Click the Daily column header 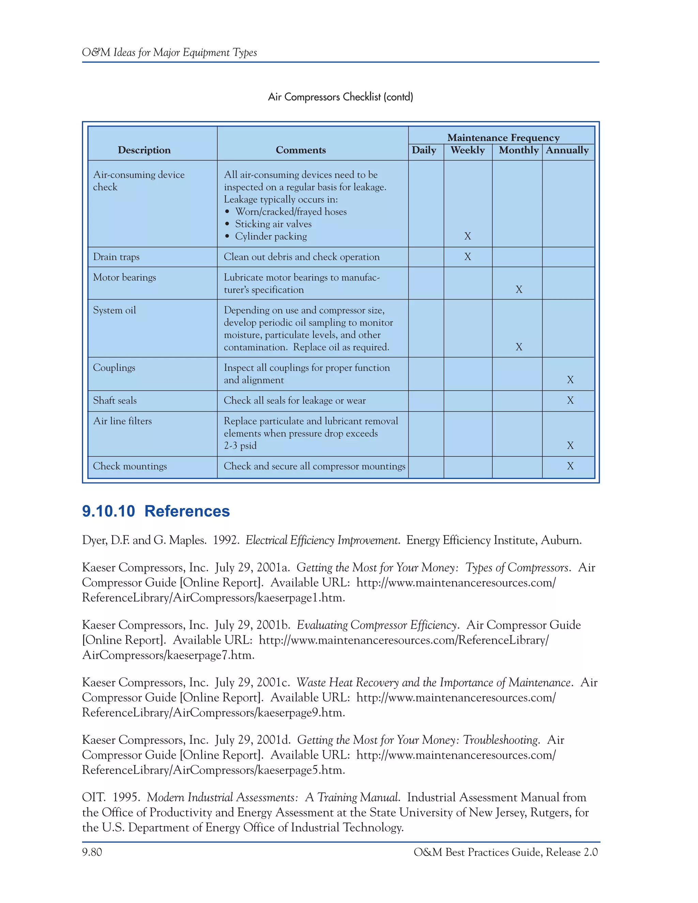tap(424, 150)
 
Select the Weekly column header tap(467, 150)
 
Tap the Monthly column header tap(518, 150)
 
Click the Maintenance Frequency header tap(503, 137)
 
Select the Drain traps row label tap(116, 257)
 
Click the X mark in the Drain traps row tap(468, 257)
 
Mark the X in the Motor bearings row tap(519, 289)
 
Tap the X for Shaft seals tap(570, 400)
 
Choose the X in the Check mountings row tap(570, 466)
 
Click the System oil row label tap(115, 310)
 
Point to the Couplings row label tap(114, 368)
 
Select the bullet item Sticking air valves tap(273, 224)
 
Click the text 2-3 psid tap(240, 445)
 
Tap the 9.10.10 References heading tap(156, 511)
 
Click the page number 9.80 tap(92, 852)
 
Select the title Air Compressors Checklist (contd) tap(340, 97)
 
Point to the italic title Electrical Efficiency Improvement tap(322, 540)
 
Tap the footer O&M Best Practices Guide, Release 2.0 tap(505, 852)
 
